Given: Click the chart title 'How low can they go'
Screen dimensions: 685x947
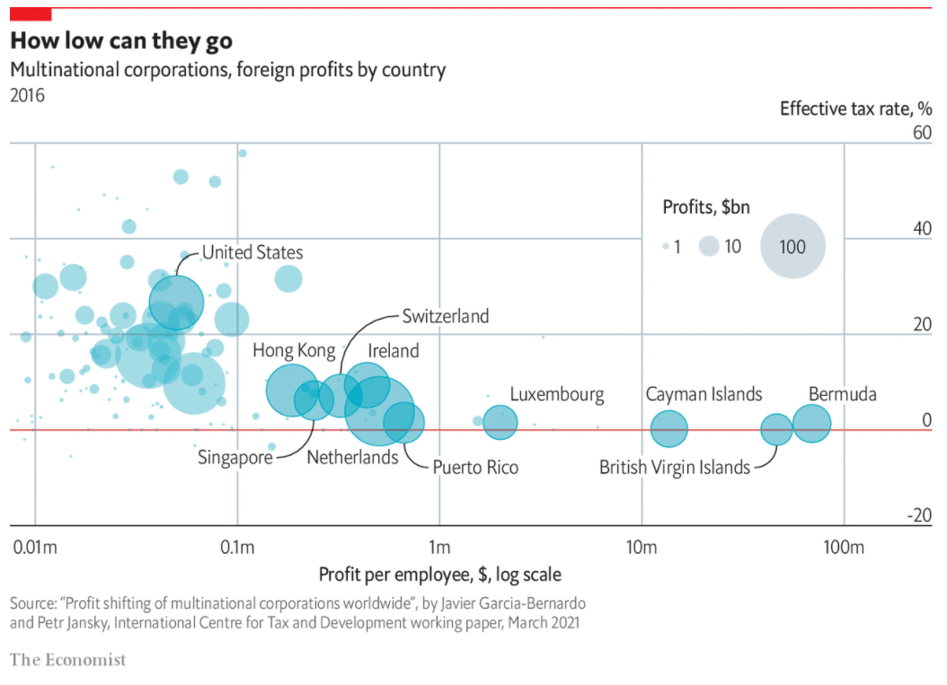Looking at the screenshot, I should [121, 41].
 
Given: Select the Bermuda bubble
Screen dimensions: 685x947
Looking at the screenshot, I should [811, 422].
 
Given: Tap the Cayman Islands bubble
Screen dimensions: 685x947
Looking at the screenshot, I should [668, 428].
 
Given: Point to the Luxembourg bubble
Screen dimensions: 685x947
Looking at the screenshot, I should [500, 421].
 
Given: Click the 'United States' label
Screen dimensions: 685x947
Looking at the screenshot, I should [252, 252].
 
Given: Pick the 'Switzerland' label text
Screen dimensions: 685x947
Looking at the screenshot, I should [446, 316].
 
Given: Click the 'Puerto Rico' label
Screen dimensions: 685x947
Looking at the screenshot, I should [475, 467].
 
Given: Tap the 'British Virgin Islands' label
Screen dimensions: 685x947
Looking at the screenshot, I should [674, 467].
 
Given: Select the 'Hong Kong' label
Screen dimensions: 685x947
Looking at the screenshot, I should [293, 350].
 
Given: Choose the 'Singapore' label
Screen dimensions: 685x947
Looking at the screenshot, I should [235, 457].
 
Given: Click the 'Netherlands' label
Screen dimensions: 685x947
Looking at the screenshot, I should [352, 457].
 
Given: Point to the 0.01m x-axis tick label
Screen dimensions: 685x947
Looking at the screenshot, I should [35, 548].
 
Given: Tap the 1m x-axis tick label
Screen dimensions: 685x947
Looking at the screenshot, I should [439, 548].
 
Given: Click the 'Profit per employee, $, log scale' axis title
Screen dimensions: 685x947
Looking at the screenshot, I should [440, 575].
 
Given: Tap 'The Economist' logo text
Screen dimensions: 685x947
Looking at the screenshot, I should [68, 660].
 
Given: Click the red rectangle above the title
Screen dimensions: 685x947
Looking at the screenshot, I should [31, 14].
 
